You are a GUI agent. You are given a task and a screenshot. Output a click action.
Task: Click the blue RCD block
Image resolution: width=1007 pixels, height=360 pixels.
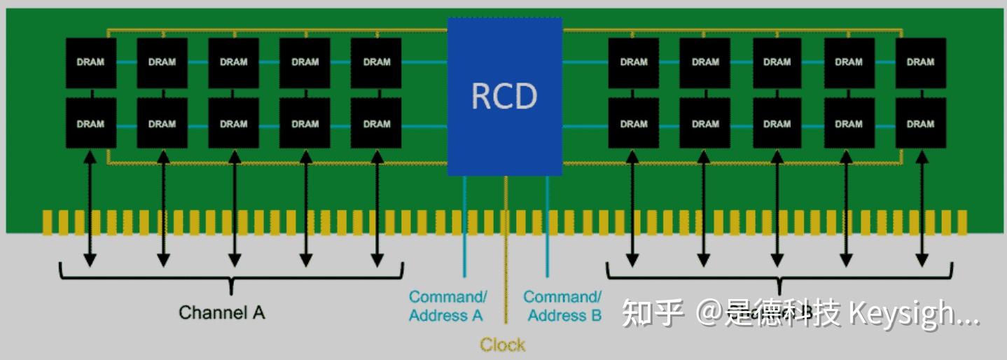pyautogui.click(x=504, y=97)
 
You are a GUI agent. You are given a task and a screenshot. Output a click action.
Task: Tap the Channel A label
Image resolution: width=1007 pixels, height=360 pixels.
pyautogui.click(x=222, y=312)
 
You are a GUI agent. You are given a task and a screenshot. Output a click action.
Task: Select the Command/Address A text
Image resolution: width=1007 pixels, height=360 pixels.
pyautogui.click(x=447, y=306)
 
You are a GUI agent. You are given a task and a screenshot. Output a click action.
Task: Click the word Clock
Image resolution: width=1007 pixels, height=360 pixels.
pyautogui.click(x=502, y=345)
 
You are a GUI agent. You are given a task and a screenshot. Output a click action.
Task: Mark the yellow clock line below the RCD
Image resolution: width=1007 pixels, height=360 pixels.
pyautogui.click(x=506, y=245)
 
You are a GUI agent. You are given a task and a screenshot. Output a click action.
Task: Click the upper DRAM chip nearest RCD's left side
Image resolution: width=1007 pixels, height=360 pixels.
pyautogui.click(x=376, y=62)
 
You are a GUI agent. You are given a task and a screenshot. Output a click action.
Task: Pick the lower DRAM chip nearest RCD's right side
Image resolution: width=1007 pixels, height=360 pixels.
pyautogui.click(x=633, y=123)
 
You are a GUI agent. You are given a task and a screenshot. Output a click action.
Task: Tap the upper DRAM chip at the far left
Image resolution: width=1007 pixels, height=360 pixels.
pyautogui.click(x=90, y=62)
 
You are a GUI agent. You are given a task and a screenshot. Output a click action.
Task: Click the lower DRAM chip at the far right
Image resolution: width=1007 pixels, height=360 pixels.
pyautogui.click(x=920, y=123)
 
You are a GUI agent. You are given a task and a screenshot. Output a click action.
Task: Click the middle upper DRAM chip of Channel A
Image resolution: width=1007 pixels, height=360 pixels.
pyautogui.click(x=233, y=62)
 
